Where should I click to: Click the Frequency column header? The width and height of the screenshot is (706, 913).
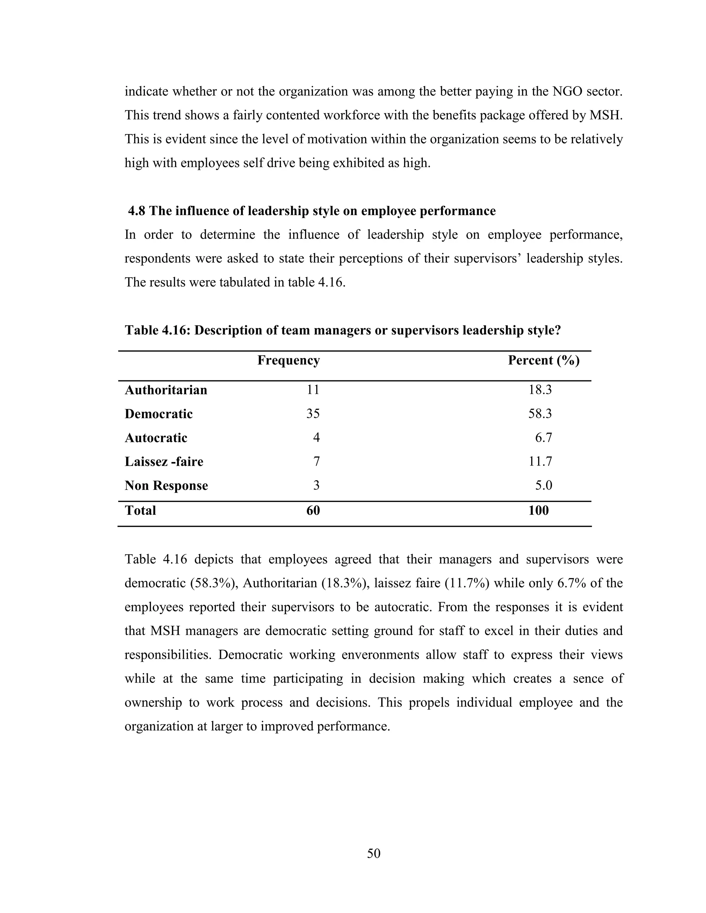click(289, 360)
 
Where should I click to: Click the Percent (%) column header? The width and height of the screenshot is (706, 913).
click(543, 360)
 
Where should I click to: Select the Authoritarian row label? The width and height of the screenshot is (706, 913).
click(166, 390)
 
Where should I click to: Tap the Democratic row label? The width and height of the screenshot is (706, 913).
click(159, 414)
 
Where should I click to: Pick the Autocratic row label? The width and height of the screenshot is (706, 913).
click(156, 438)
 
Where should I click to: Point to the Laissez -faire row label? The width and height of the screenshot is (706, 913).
click(164, 462)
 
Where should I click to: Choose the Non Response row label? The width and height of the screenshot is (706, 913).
click(166, 485)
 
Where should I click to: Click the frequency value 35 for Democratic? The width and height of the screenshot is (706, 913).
click(313, 414)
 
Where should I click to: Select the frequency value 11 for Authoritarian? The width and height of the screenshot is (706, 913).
click(313, 390)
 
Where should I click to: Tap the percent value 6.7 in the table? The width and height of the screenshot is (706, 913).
click(543, 438)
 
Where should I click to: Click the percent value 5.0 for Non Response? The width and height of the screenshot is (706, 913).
click(543, 485)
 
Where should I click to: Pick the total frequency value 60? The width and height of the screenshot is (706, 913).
click(313, 511)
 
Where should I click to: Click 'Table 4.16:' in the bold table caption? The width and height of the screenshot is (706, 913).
click(157, 331)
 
